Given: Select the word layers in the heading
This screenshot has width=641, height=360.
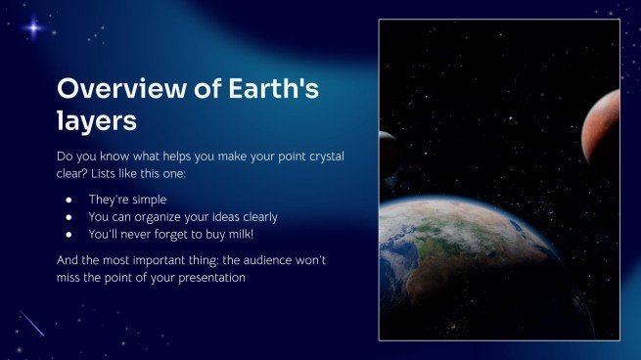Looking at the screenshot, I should pos(97,122).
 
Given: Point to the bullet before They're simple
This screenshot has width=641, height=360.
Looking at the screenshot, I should pos(69,200).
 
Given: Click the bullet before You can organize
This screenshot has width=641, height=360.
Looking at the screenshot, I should pos(69,216).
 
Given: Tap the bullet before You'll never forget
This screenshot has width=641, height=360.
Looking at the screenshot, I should pos(69,234).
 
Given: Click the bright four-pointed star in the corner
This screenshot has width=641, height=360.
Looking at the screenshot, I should pos(34,27).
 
